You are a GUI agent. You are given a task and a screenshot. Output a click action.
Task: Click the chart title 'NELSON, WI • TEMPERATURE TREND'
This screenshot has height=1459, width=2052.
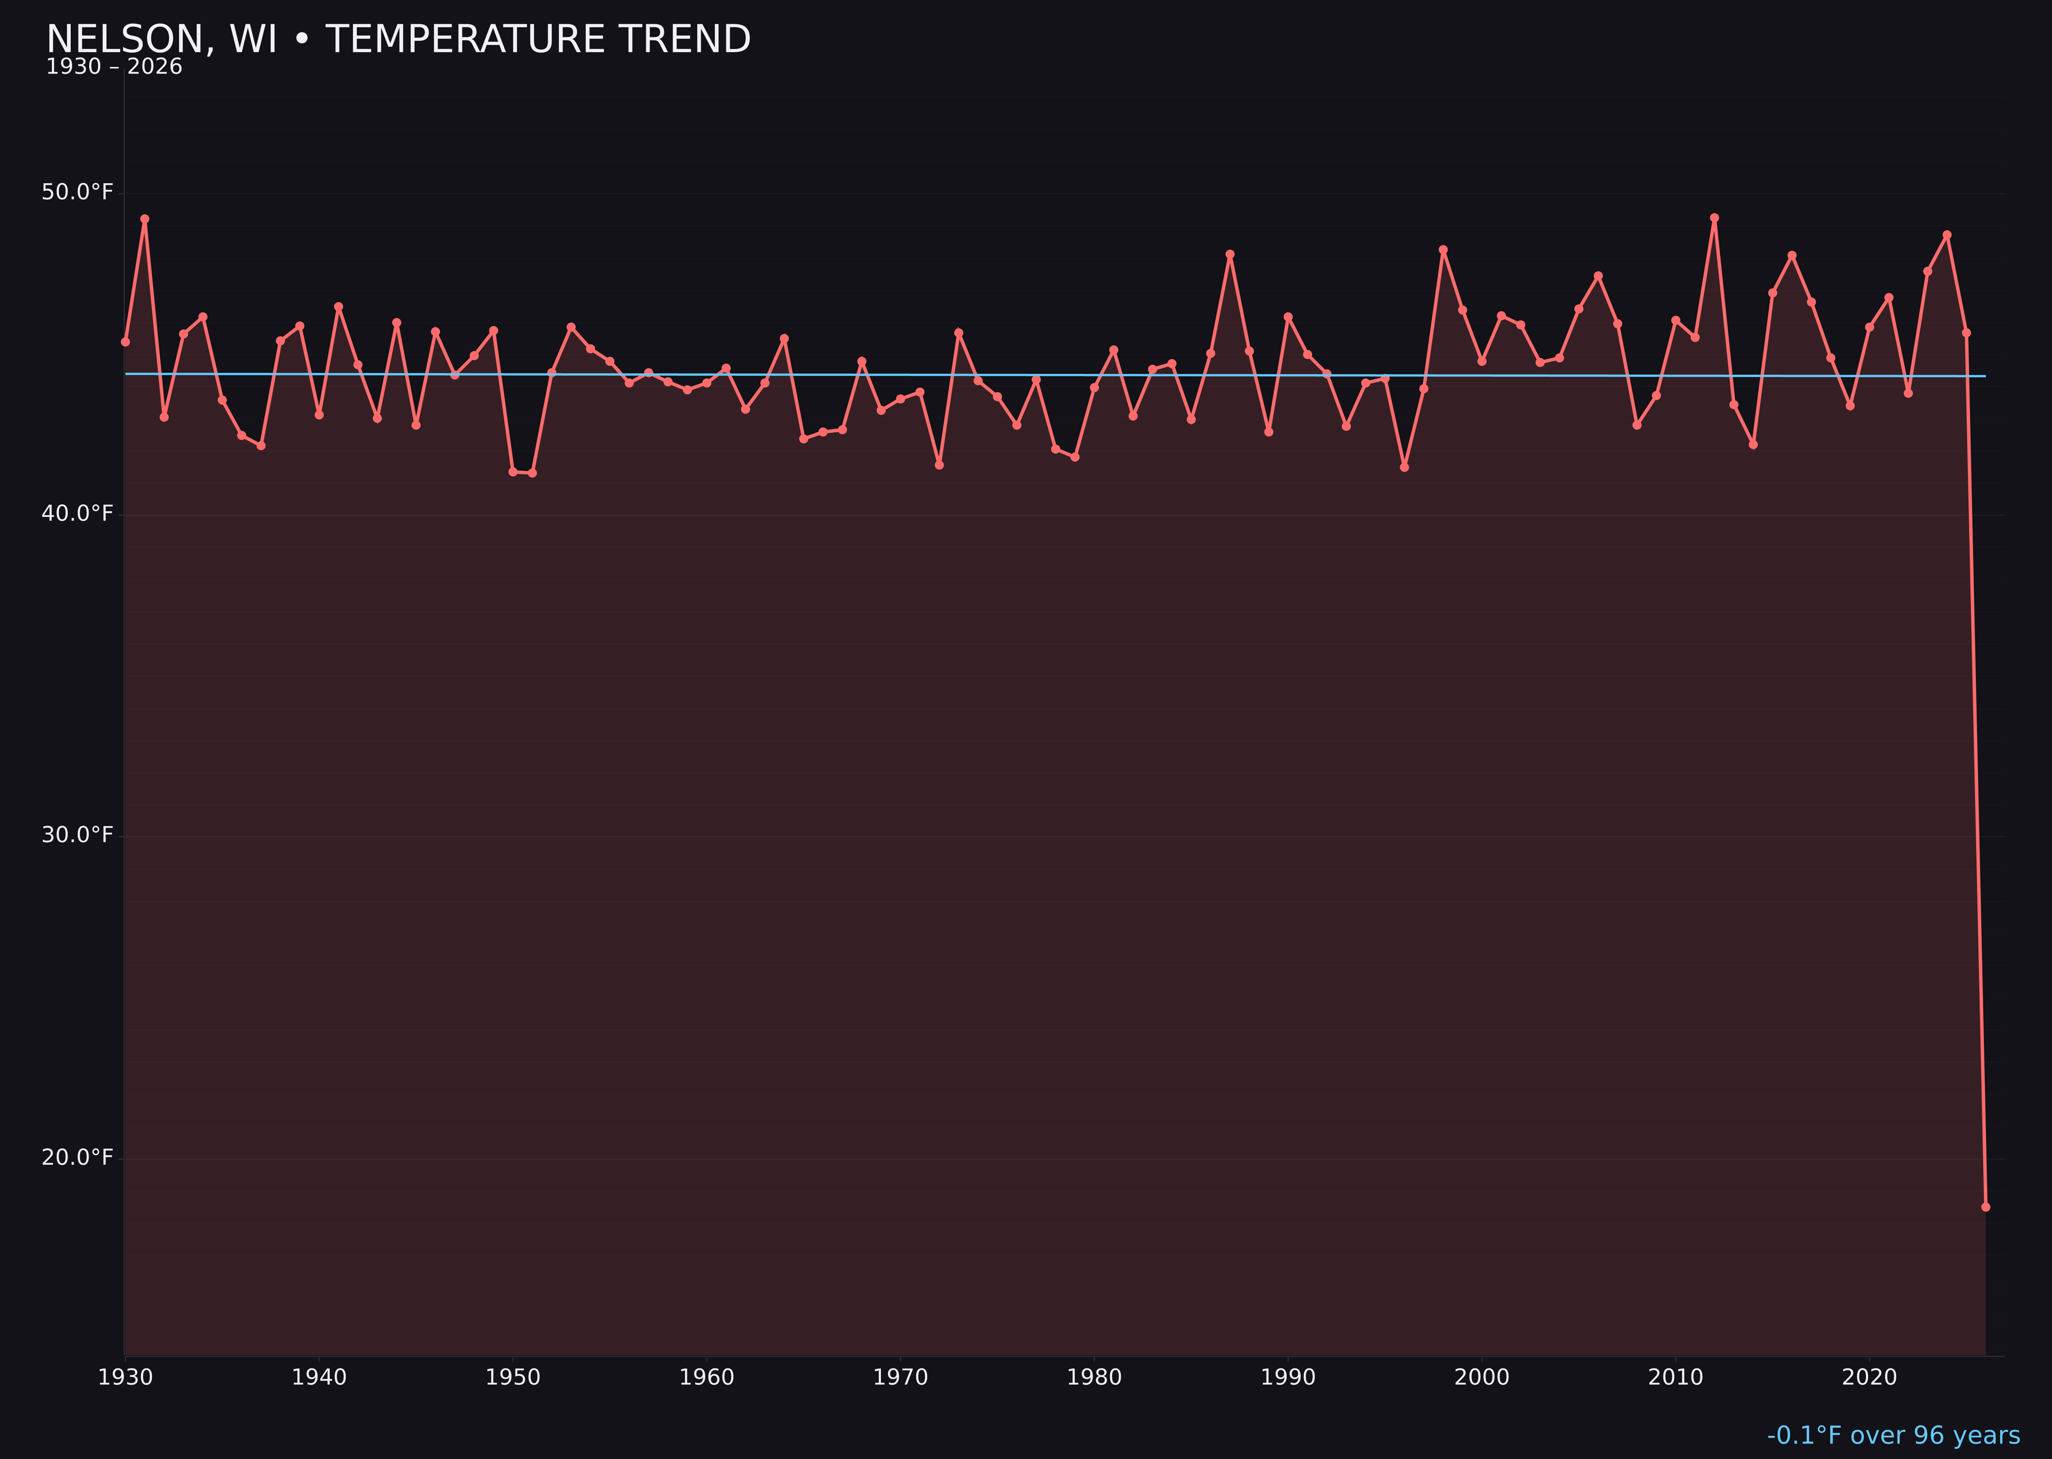(x=398, y=40)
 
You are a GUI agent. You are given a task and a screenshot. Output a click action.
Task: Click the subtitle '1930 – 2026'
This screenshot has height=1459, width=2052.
(x=114, y=67)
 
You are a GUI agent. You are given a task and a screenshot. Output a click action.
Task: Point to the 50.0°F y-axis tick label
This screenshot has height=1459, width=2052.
(x=77, y=192)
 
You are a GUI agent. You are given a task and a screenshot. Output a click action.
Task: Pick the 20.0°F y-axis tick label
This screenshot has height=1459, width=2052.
(x=77, y=1157)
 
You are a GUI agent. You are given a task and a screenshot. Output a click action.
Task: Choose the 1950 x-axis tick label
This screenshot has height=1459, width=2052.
(x=513, y=1377)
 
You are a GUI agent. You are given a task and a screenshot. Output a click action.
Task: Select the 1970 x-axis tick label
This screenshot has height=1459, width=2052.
(x=900, y=1377)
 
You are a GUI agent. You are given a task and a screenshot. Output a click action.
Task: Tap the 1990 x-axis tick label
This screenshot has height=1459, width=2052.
(x=1288, y=1377)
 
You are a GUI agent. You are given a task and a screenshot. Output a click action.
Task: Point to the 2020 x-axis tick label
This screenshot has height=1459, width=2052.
(x=1869, y=1377)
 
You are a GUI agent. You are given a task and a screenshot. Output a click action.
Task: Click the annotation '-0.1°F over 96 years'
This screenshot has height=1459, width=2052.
(x=1893, y=1435)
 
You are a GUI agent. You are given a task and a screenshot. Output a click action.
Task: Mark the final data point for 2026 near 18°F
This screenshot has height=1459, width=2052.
(x=1985, y=1207)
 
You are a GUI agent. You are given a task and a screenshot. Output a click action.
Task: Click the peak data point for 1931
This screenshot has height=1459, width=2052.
(x=145, y=219)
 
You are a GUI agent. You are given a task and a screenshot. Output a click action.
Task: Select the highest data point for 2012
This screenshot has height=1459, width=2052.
(x=1714, y=218)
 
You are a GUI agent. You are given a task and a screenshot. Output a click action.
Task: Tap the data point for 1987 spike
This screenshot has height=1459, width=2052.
(x=1230, y=254)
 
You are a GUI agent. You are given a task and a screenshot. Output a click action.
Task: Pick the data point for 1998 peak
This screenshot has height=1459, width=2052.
(x=1443, y=250)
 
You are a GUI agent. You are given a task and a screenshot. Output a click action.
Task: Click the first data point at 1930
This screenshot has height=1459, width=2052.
(x=125, y=341)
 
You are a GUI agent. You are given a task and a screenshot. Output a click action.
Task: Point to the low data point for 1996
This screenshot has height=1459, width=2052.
(x=1404, y=467)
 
